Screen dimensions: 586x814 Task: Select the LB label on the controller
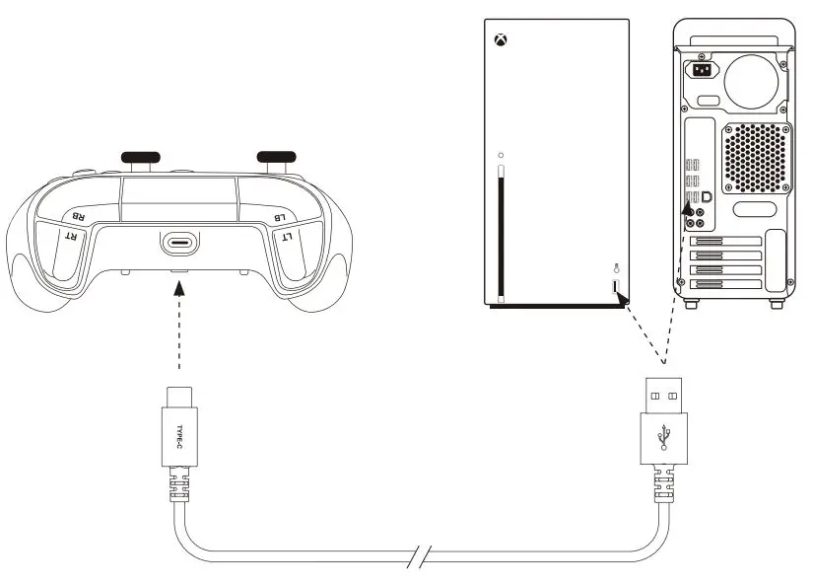280,215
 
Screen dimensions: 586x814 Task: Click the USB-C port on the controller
180,244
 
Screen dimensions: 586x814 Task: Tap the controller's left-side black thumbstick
140,156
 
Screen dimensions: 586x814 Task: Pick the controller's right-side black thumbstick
277,156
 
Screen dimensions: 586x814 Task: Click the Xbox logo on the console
502,42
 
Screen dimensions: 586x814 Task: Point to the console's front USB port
616,288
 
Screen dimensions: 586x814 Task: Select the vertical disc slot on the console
502,232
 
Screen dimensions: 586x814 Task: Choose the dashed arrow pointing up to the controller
179,326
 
